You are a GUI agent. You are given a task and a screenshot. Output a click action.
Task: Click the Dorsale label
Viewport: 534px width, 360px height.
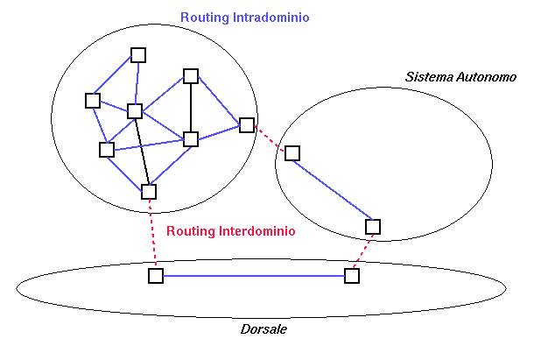(263, 328)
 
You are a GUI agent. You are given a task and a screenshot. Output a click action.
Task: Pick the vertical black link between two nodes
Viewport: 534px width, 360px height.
(191, 107)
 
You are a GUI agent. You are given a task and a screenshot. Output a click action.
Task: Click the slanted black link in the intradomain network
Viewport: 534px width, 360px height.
(142, 151)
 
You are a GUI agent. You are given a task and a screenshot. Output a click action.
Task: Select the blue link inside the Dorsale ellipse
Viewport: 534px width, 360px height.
(254, 276)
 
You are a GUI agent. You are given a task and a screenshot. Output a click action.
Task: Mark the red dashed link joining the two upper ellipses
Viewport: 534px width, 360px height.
(270, 139)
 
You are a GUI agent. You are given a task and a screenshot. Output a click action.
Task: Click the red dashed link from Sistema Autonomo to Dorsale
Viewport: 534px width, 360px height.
(362, 251)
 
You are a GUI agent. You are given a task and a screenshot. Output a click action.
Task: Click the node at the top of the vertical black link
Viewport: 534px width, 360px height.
(191, 75)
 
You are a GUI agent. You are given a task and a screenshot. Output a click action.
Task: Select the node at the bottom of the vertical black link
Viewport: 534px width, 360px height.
(191, 138)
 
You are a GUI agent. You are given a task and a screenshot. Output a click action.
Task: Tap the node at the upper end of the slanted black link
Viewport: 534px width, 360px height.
(135, 110)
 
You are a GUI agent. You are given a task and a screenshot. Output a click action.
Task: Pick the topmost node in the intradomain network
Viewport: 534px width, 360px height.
(138, 54)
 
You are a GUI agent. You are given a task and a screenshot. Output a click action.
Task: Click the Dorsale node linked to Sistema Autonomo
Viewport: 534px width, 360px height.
(352, 276)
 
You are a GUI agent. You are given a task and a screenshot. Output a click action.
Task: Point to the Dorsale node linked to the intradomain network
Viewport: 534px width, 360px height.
(156, 276)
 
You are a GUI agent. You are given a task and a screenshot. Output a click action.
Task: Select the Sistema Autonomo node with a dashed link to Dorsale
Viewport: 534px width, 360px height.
(373, 227)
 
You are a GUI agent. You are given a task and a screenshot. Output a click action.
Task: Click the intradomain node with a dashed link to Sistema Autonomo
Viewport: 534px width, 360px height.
(247, 125)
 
